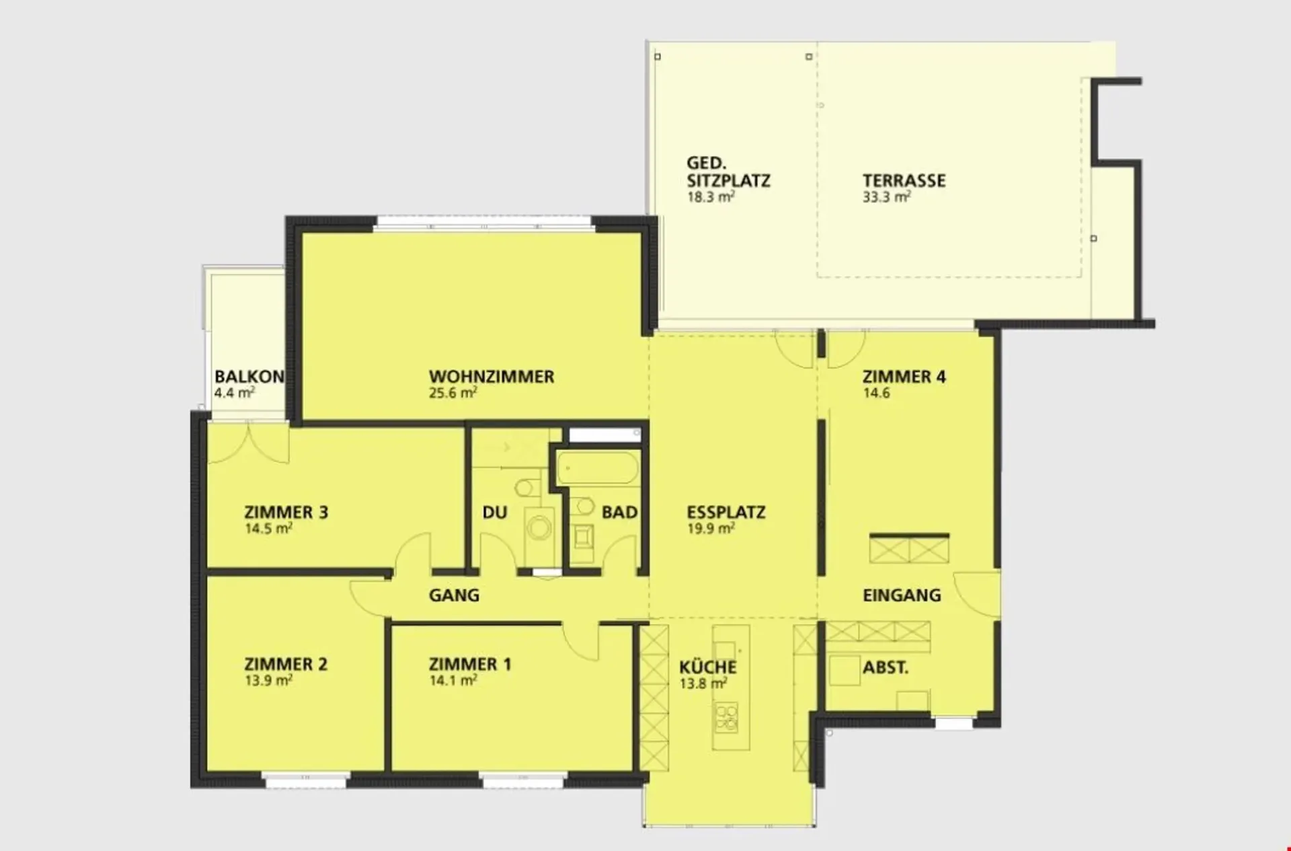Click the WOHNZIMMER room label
(492, 377)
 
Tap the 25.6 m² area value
(453, 393)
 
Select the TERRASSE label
(904, 181)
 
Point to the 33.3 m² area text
(887, 197)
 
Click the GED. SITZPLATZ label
(728, 172)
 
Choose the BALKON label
(249, 377)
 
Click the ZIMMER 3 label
(286, 513)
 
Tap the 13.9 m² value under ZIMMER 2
(268, 680)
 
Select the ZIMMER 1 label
(470, 665)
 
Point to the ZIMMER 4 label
(904, 377)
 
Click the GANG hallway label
(454, 595)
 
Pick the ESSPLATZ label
(726, 513)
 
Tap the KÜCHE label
(707, 667)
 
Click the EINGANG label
(902, 595)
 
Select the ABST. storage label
(886, 668)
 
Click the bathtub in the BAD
(597, 468)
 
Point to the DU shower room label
(494, 513)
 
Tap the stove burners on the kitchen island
(726, 718)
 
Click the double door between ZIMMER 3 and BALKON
(248, 442)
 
